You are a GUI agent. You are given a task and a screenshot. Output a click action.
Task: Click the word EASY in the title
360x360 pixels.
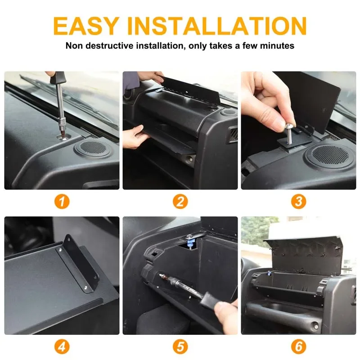[86, 26]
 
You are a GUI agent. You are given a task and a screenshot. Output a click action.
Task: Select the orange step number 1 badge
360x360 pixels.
[62, 202]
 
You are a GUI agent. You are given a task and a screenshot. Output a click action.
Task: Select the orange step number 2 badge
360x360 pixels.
[180, 202]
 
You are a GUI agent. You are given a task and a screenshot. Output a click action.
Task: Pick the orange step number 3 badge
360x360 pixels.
[298, 202]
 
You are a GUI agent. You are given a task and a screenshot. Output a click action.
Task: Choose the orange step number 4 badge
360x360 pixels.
[62, 346]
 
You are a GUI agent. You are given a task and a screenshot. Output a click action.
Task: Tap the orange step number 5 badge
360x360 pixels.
[180, 346]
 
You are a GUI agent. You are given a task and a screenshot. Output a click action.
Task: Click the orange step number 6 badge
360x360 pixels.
[298, 346]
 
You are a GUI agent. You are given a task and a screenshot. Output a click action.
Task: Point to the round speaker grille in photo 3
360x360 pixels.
[330, 154]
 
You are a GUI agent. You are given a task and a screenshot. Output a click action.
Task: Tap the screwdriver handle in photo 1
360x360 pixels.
[58, 77]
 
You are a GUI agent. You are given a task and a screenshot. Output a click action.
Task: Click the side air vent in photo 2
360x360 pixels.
[232, 135]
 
